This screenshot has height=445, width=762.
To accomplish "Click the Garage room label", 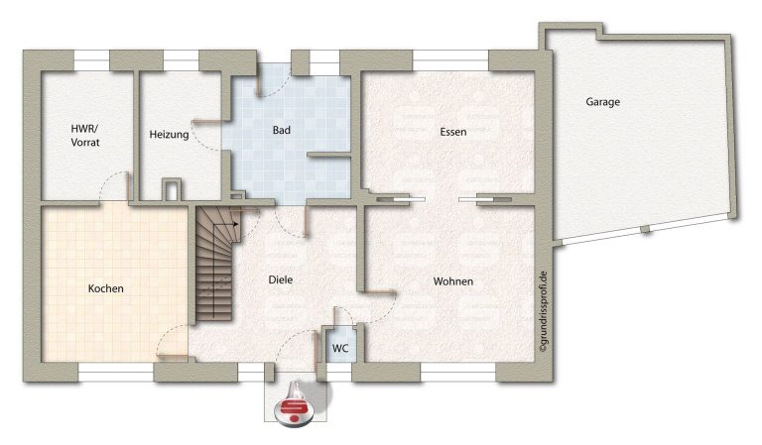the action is [x=602, y=102].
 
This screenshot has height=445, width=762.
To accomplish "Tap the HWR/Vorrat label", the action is [x=85, y=136].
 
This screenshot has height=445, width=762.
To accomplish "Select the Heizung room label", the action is [x=169, y=135].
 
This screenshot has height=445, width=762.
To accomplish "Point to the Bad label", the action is [x=282, y=130].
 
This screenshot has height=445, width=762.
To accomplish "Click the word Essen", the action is [x=452, y=132].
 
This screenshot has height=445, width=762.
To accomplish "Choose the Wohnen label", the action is [x=452, y=281].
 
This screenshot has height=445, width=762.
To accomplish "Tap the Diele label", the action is [x=281, y=279].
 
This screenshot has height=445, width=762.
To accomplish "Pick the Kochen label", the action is [x=105, y=288].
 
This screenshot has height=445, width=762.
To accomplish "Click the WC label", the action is [x=340, y=349].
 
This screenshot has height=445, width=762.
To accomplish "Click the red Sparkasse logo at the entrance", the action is [x=295, y=410].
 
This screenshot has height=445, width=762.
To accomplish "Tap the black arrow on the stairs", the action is [x=236, y=224].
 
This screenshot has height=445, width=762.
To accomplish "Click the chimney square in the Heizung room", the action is [x=171, y=188].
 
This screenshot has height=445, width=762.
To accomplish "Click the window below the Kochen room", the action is [x=116, y=373].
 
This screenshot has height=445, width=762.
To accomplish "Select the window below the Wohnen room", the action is [x=457, y=373].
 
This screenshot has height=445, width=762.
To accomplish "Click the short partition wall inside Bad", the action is [x=329, y=155].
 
